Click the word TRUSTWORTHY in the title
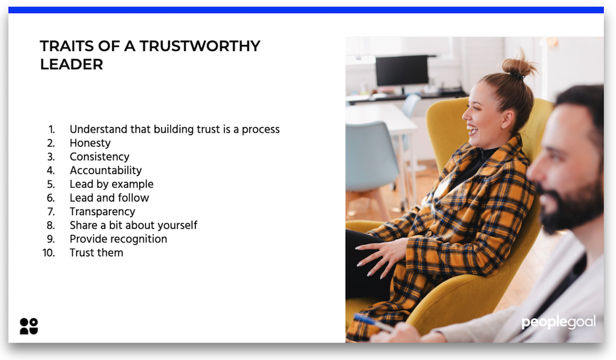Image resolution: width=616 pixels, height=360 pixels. [200, 46]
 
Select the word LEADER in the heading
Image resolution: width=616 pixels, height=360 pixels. [71, 64]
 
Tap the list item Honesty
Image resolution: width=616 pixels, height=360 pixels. [90, 143]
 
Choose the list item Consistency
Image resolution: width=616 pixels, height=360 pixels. [99, 157]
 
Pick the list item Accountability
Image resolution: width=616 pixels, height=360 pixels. [105, 170]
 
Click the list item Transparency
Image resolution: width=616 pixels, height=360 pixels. [102, 211]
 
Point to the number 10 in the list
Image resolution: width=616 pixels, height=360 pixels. [49, 253]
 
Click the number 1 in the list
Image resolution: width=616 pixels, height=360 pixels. [52, 129]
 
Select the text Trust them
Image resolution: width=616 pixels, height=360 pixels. [96, 253]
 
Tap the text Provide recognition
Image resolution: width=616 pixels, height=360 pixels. [118, 239]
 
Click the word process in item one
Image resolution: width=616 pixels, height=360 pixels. [261, 129]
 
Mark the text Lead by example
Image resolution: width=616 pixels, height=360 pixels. [111, 184]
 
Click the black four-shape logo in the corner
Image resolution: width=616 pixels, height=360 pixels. [29, 326]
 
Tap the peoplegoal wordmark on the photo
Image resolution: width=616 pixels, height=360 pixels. [559, 322]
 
